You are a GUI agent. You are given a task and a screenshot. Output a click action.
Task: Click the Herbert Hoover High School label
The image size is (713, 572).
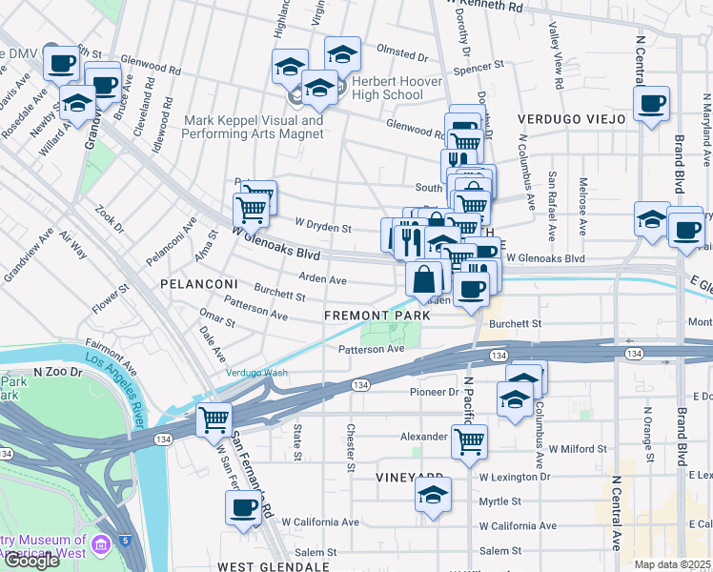tap(397, 89)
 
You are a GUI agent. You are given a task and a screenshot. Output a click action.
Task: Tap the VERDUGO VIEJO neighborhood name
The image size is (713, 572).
tap(571, 119)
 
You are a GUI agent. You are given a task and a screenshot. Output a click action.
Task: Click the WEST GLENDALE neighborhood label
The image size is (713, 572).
tap(274, 566)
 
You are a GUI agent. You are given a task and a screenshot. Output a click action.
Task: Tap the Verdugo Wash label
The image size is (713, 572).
tap(255, 373)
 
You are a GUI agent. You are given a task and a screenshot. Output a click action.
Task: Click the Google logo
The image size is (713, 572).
tap(31, 561)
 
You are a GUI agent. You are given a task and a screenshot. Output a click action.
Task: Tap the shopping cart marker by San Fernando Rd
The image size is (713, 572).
tap(214, 420)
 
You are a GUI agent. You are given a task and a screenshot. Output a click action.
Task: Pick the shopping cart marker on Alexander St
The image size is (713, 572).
tap(469, 441)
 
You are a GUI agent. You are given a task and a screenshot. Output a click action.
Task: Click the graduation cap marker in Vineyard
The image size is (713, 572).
tap(433, 495)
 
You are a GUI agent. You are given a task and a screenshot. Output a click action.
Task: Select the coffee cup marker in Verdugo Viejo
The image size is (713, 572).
tap(652, 104)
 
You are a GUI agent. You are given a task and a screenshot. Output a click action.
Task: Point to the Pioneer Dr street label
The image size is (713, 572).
tap(435, 392)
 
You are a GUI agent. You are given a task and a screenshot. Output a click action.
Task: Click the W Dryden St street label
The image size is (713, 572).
tap(323, 228)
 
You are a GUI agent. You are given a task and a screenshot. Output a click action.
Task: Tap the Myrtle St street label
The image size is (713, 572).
tap(500, 500)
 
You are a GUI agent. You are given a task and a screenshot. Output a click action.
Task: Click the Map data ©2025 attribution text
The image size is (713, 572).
tap(673, 564)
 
